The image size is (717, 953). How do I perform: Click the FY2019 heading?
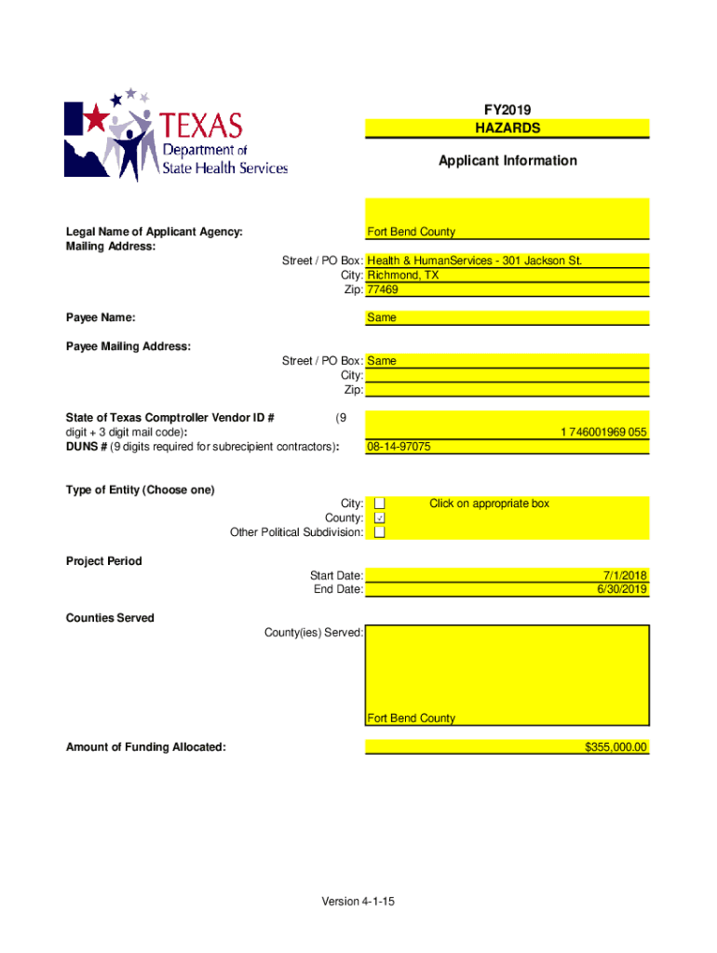(507, 110)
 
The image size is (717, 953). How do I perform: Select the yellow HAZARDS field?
(507, 128)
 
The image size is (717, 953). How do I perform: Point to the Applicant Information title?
(507, 161)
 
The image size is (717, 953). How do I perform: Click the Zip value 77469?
(383, 290)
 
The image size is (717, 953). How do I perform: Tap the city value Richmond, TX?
(403, 275)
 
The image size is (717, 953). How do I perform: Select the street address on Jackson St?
(475, 261)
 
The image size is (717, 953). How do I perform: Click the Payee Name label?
(101, 318)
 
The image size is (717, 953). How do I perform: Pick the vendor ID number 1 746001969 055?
(603, 433)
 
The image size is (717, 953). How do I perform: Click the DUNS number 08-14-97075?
(399, 447)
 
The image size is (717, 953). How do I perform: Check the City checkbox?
(380, 503)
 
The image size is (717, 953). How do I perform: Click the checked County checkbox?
(380, 517)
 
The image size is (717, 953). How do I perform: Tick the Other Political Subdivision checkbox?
(380, 532)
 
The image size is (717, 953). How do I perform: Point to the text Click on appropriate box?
(489, 503)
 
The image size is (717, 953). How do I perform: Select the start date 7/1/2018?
(626, 575)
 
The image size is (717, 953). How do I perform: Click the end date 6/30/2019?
(623, 589)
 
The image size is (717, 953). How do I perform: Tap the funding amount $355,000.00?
(616, 747)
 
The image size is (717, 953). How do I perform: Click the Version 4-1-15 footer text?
(358, 902)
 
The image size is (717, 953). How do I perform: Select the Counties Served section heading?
(110, 618)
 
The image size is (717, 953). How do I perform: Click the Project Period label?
(103, 561)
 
